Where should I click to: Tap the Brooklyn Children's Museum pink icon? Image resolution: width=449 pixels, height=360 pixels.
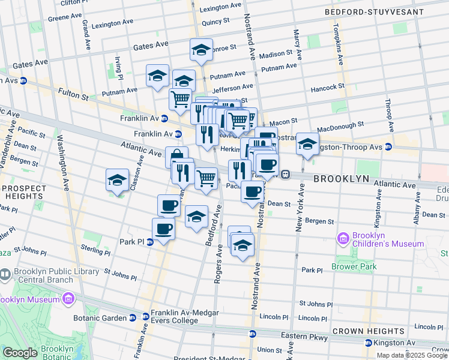tap(343, 239)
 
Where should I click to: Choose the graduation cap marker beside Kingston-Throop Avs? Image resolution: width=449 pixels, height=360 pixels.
tap(307, 145)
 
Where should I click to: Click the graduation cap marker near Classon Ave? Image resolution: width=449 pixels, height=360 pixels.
tap(118, 179)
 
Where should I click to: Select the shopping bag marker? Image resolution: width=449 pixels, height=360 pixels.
tap(177, 157)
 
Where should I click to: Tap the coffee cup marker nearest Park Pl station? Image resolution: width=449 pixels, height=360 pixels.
tap(163, 229)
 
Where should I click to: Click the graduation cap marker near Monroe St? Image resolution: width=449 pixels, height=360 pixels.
tap(202, 50)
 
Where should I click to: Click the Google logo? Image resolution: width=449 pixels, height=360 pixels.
tap(20, 353)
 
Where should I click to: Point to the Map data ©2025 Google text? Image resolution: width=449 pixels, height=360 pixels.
tap(412, 355)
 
